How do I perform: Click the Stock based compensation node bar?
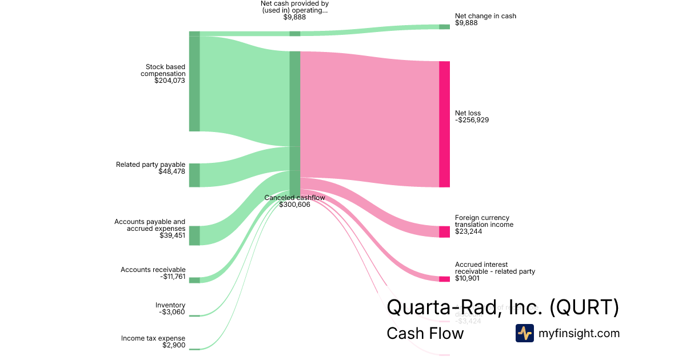pyautogui.click(x=194, y=81)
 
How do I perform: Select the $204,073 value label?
pyautogui.click(x=170, y=81)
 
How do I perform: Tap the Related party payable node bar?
pyautogui.click(x=194, y=175)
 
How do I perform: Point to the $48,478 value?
pyautogui.click(x=171, y=171)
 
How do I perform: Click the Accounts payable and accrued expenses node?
pyautogui.click(x=194, y=235)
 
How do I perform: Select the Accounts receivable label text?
pyautogui.click(x=153, y=270)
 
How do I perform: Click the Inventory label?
pyautogui.click(x=170, y=305)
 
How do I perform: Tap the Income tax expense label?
pyautogui.click(x=153, y=338)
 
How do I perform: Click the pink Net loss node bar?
pyautogui.click(x=444, y=124)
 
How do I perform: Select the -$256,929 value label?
pyautogui.click(x=472, y=120)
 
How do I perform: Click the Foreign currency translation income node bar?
pyautogui.click(x=444, y=231)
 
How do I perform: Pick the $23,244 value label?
pyautogui.click(x=469, y=231)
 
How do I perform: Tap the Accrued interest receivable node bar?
pyautogui.click(x=444, y=279)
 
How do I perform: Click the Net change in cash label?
pyautogui.click(x=485, y=16)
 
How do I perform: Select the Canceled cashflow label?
pyautogui.click(x=294, y=198)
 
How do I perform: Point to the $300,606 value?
pyautogui.click(x=294, y=205)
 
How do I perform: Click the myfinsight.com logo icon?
pyautogui.click(x=524, y=333)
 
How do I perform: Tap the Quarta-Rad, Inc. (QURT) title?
pyautogui.click(x=502, y=307)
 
